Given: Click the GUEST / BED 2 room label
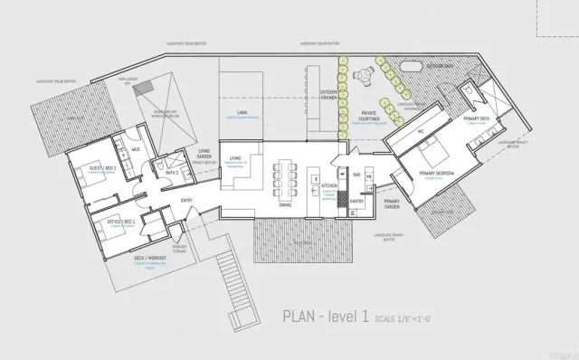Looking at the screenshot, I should pos(102,169).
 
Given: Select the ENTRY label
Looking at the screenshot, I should pos(186,200).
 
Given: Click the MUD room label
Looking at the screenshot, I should pos(136,148).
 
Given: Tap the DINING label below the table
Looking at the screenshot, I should pos(284,205).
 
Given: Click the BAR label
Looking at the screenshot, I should pos(356,174).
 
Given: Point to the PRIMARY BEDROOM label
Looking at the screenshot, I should pos(438,171).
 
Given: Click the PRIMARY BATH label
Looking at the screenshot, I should pos(476,119).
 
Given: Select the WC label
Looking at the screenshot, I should pos(421,131).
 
